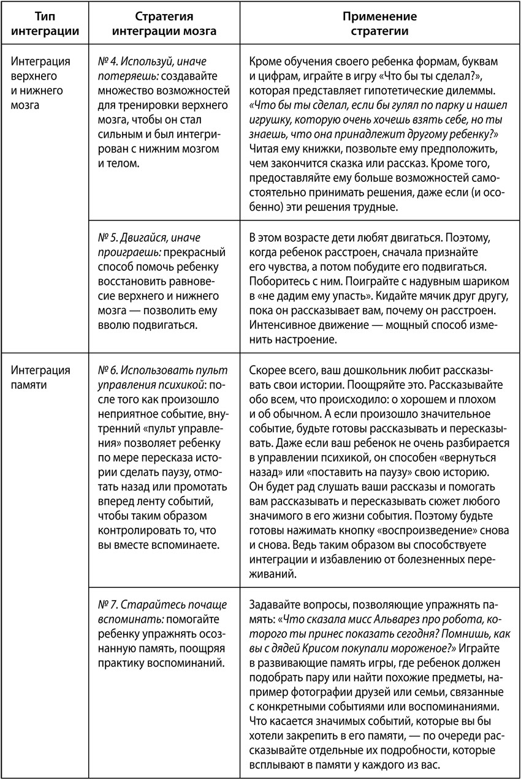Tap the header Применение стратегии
point(379,24)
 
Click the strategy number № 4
point(109,62)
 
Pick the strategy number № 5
point(109,237)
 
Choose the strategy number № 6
point(109,371)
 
